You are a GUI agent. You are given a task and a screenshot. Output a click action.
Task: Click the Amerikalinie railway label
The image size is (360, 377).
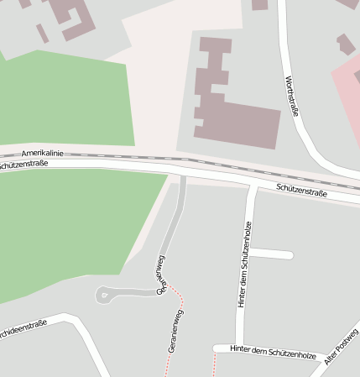tap(42, 154)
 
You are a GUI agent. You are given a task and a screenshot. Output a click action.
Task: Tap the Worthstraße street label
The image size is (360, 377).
tap(291, 97)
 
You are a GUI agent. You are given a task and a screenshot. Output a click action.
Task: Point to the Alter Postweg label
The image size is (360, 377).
tap(342, 353)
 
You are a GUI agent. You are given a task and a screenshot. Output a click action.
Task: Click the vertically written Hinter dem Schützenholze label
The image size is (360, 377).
tap(245, 264)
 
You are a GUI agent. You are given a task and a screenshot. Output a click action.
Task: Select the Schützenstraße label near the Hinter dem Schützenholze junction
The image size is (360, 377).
tap(301, 192)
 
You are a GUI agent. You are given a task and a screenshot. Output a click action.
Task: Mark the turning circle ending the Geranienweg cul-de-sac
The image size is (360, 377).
tap(103, 294)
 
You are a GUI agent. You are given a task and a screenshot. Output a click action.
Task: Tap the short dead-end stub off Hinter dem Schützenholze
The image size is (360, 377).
tap(273, 254)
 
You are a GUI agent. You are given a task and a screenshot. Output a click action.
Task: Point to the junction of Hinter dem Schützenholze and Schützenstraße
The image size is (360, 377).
tap(253, 186)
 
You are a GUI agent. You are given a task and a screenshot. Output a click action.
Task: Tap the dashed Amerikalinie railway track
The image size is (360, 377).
tap(210, 162)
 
